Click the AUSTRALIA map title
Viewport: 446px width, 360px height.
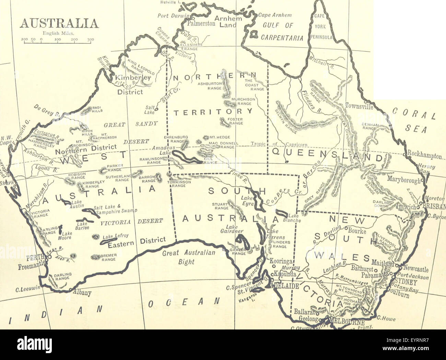tap(59, 23)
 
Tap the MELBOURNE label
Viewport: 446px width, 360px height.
tap(347, 322)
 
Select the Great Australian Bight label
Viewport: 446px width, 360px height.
tap(188, 257)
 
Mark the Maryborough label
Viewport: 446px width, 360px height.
tap(403, 179)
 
